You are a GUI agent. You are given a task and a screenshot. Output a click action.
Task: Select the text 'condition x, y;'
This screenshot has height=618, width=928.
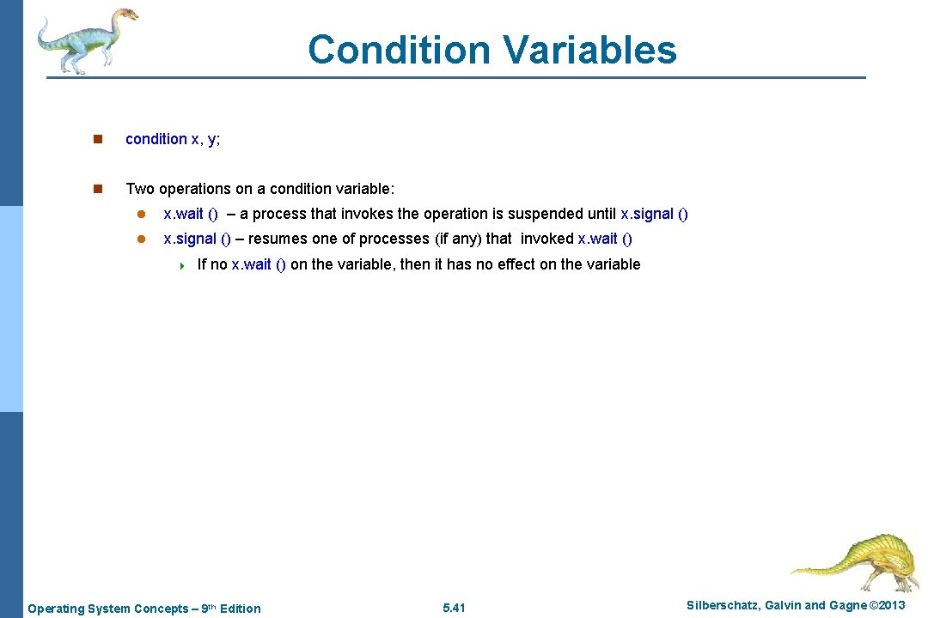[x=173, y=139]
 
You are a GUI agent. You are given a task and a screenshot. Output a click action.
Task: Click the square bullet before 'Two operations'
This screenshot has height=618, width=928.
[x=98, y=189]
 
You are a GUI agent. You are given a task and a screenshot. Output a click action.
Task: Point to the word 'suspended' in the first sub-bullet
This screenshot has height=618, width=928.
[x=548, y=214]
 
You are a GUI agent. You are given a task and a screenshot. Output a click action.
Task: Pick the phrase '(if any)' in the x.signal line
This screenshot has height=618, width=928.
[x=457, y=239]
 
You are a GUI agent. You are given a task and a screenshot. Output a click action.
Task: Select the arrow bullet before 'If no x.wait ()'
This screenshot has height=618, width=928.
[x=181, y=265]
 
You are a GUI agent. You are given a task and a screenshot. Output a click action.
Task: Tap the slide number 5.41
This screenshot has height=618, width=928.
[x=454, y=608]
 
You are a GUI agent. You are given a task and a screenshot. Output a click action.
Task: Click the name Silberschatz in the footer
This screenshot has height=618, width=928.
[x=721, y=606]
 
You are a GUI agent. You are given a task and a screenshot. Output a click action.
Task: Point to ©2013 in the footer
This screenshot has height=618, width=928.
[x=887, y=606]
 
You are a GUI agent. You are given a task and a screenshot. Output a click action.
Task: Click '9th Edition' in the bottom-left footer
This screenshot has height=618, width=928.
[x=230, y=609]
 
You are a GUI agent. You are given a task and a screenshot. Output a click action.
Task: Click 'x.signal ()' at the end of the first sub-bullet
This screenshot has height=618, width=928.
[x=654, y=214]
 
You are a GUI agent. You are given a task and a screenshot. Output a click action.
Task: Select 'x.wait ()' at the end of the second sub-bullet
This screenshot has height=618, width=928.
[x=605, y=239]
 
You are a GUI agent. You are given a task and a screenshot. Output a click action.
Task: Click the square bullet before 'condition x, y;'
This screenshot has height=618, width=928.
[x=98, y=139]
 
